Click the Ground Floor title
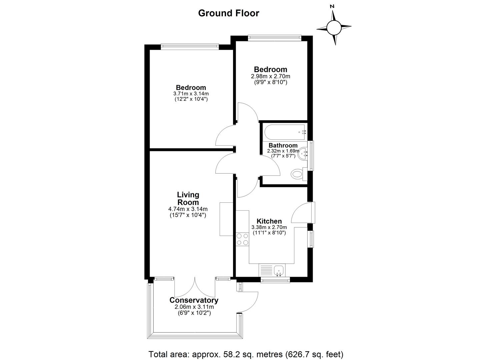[228, 13]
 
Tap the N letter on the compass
[332, 6]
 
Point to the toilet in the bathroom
[299, 174]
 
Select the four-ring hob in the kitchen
[242, 239]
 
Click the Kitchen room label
[269, 221]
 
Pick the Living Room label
[188, 198]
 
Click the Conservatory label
[194, 300]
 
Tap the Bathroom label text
[283, 145]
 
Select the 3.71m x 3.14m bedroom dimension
[191, 94]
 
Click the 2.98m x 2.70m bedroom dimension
[270, 76]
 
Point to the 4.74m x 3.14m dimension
[188, 209]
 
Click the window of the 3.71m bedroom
[190, 46]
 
